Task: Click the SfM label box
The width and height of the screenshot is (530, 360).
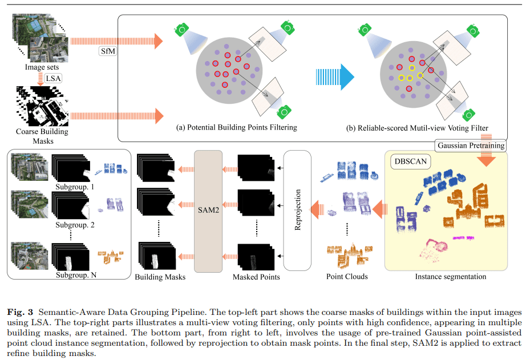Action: (x=107, y=52)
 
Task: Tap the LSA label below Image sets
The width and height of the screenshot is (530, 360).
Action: (x=55, y=78)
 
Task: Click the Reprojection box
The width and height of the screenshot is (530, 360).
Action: (x=297, y=210)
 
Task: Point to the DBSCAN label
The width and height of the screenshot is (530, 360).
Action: (x=411, y=161)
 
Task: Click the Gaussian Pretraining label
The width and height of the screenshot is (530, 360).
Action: (x=471, y=145)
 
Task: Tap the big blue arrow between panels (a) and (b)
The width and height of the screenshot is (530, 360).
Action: (x=337, y=78)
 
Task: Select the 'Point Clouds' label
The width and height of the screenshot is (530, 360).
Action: (x=346, y=277)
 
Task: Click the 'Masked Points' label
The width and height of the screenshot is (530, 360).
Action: (x=256, y=277)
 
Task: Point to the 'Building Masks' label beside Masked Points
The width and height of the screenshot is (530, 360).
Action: (x=160, y=277)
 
